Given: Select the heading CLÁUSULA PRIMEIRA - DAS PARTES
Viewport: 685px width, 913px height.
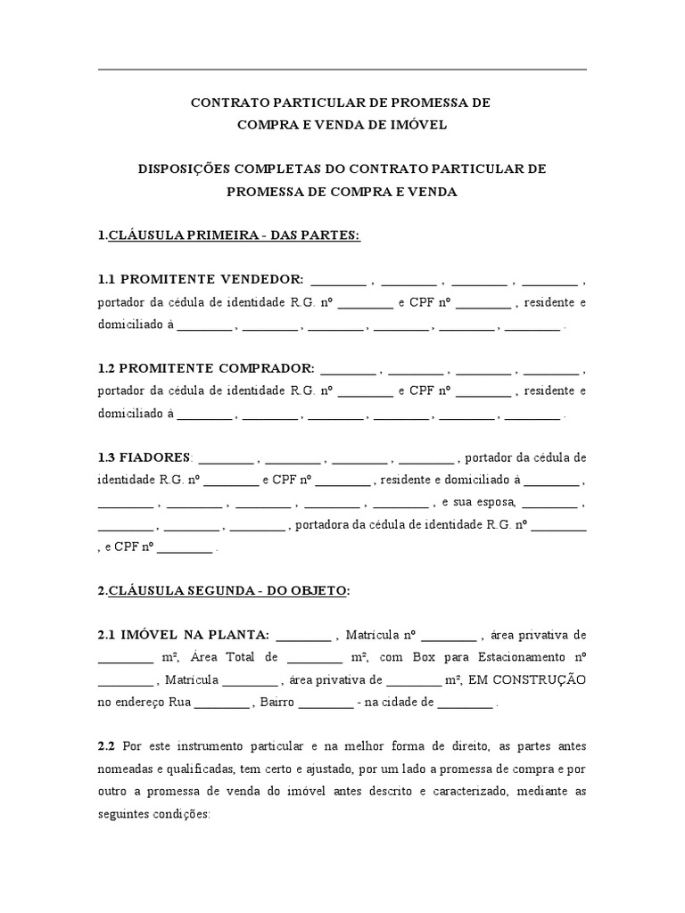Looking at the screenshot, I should pyautogui.click(x=235, y=235).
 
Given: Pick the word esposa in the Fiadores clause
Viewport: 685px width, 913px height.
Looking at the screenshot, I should pyautogui.click(x=495, y=502).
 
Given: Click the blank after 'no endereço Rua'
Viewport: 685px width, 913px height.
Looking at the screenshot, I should pyautogui.click(x=221, y=703).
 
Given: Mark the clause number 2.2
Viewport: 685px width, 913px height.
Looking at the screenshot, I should pyautogui.click(x=107, y=745).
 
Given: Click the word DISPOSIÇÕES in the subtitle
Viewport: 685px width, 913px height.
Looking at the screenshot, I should pyautogui.click(x=183, y=169).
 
